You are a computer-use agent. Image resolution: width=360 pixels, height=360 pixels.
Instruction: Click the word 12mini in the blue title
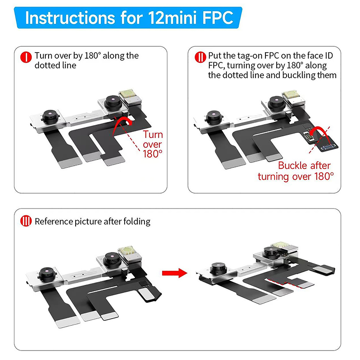pyautogui.click(x=173, y=18)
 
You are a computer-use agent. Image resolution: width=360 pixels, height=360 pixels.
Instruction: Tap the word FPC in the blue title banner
pyautogui.click(x=218, y=18)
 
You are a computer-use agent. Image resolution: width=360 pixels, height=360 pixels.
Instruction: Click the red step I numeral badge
pyautogui.click(x=26, y=57)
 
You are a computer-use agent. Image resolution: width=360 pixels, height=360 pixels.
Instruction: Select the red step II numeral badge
pyautogui.click(x=200, y=57)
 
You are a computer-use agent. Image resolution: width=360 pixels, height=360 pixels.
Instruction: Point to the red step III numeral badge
pyautogui.click(x=26, y=221)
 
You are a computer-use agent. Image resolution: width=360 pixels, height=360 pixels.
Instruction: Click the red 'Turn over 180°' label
pyautogui.click(x=153, y=144)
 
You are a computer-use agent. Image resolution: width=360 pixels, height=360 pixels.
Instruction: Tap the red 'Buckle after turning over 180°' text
pyautogui.click(x=296, y=171)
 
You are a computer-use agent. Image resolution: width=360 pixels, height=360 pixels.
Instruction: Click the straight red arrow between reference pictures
pyautogui.click(x=175, y=273)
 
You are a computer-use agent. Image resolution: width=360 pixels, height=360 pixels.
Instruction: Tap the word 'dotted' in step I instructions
pyautogui.click(x=46, y=65)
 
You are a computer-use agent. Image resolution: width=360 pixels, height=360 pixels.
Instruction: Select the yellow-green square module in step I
pyautogui.click(x=127, y=94)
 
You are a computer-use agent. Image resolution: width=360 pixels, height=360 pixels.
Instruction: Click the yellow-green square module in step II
pyautogui.click(x=291, y=94)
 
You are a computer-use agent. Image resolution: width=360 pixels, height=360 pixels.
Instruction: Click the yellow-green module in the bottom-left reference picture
pyautogui.click(x=126, y=251)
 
